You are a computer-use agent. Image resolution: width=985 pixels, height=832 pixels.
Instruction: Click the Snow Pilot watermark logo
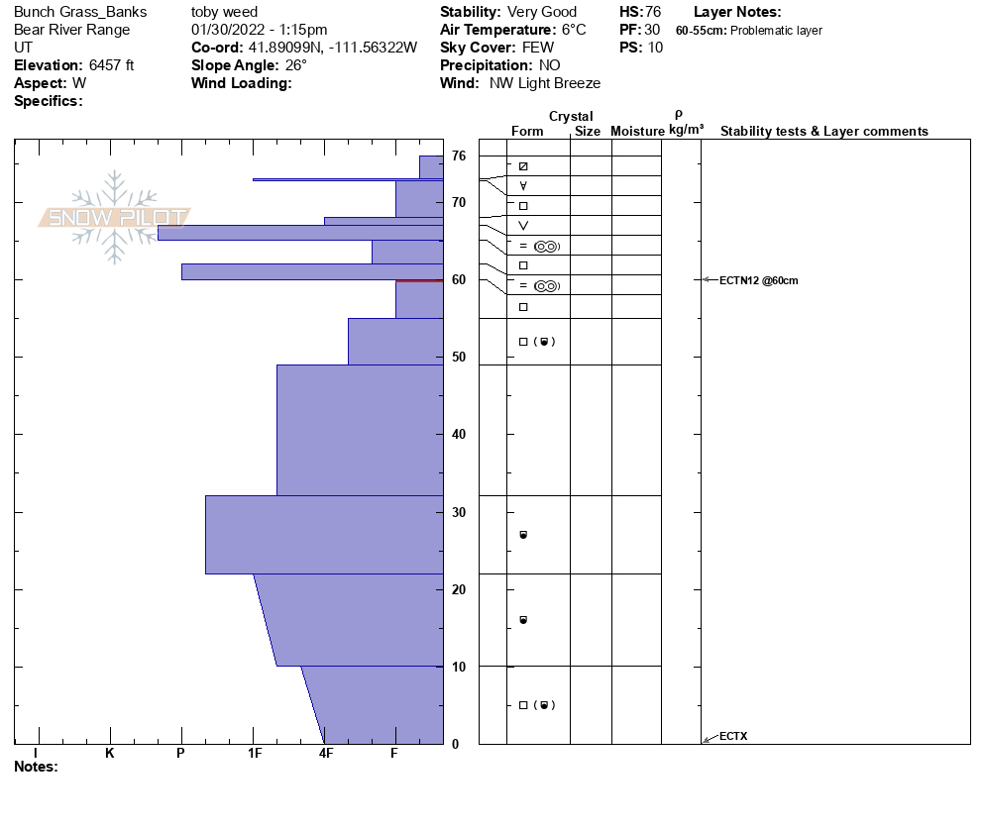pos(115,218)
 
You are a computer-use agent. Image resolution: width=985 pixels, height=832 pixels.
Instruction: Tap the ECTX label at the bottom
pos(733,736)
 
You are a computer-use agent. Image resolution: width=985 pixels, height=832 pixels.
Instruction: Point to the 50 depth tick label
pos(459,358)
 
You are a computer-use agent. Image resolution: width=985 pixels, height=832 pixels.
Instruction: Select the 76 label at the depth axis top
pos(459,156)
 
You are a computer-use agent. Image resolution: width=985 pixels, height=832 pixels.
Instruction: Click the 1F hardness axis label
pos(255,754)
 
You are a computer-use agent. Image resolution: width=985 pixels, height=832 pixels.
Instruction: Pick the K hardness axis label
pos(109,754)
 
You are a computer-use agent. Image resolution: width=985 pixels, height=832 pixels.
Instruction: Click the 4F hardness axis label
pos(326,754)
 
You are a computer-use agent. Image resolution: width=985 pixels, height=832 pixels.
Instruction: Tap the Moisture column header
pos(637,132)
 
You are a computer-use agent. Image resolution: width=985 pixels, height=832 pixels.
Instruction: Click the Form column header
pos(527,132)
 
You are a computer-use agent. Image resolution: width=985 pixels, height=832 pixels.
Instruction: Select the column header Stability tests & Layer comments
pos(823,132)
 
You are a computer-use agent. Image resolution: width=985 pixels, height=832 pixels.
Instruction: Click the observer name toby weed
pos(224,13)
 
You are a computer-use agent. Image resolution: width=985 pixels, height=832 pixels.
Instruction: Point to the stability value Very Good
pos(542,13)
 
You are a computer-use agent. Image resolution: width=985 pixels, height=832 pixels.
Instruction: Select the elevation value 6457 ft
pos(113,66)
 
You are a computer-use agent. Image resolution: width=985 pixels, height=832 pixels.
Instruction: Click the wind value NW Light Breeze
pos(545,84)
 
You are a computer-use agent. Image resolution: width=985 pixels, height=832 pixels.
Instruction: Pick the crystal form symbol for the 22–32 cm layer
pos(523,535)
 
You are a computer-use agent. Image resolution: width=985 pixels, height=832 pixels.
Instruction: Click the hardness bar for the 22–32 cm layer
pos(324,535)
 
